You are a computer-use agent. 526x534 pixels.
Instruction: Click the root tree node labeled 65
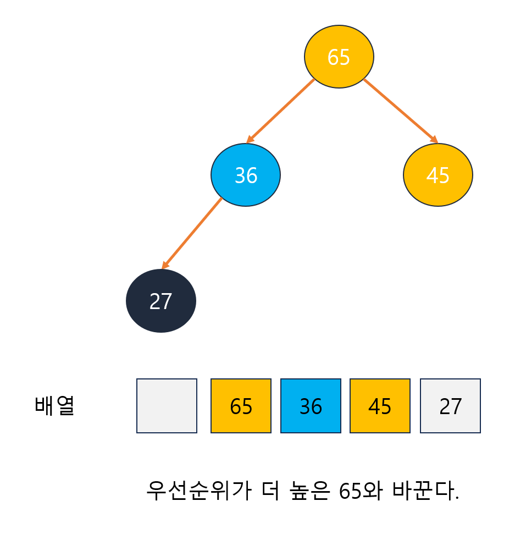(339, 57)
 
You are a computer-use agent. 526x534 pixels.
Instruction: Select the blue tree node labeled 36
(246, 175)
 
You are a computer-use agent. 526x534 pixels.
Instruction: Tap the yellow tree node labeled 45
(438, 175)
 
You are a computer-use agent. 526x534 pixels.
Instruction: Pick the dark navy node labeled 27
(161, 301)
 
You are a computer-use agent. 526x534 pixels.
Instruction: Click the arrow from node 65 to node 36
(281, 111)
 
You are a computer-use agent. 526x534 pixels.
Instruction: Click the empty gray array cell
(167, 406)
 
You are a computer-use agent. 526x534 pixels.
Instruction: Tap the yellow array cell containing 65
(241, 406)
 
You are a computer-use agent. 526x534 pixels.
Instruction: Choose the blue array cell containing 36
(311, 406)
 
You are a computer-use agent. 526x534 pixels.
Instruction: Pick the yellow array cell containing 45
(380, 406)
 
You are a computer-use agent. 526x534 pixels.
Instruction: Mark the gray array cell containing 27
(450, 406)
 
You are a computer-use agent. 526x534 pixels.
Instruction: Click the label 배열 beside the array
(54, 405)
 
